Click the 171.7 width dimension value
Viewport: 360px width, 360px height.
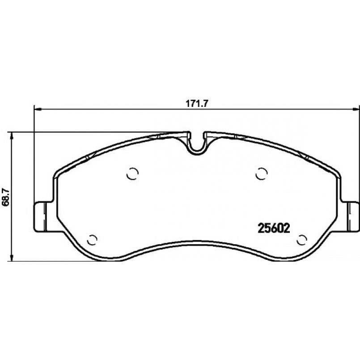pos(197,104)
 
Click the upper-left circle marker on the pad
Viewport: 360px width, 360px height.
pos(133,174)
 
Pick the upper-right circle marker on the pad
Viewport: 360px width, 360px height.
pos(262,174)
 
